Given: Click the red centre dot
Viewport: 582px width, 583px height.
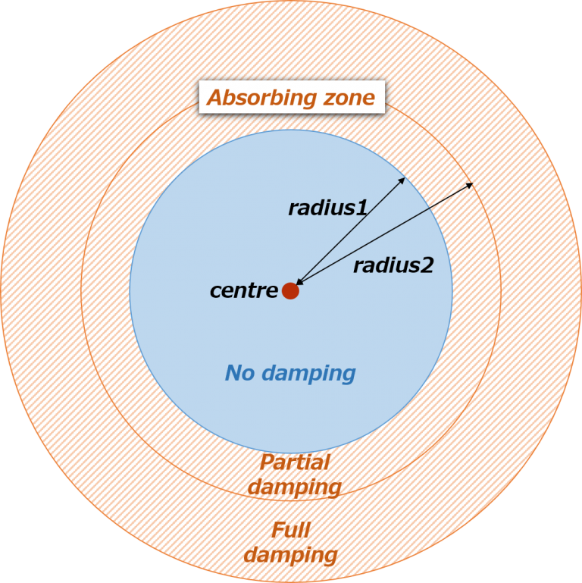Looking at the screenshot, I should tap(290, 290).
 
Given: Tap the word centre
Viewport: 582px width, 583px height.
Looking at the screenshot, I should tap(244, 290).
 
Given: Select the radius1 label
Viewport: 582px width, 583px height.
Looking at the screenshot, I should tap(327, 208).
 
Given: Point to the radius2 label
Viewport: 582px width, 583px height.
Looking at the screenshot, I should tap(393, 265).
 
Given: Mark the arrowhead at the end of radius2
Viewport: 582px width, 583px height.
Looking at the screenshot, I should tap(471, 184).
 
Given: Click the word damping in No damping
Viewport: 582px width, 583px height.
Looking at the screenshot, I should tap(308, 373).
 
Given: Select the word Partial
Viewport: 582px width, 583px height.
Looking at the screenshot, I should tap(295, 462).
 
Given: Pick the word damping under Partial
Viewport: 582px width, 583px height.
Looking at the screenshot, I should tap(295, 487).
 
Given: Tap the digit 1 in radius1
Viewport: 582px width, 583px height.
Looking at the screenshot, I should tap(361, 208).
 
